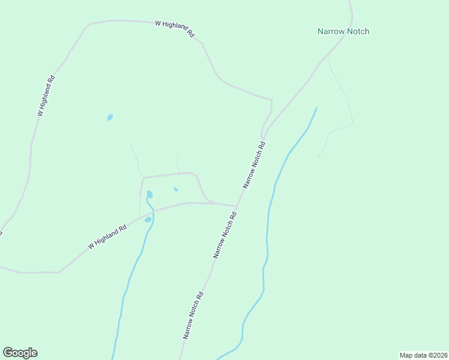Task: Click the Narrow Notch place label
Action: (x=343, y=31)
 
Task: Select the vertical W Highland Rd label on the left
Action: (x=46, y=95)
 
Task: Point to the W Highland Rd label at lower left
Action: (x=107, y=237)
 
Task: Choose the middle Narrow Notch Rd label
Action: (x=226, y=235)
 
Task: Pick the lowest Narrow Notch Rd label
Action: (x=194, y=316)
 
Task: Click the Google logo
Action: (x=20, y=353)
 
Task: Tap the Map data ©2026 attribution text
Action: (x=423, y=355)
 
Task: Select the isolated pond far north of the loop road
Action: (x=110, y=117)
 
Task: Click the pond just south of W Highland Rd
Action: (x=148, y=220)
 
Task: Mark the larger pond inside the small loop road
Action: (x=149, y=194)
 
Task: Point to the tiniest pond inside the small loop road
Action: (x=175, y=190)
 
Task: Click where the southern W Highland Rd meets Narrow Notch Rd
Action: (x=237, y=206)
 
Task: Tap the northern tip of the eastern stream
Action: (x=316, y=108)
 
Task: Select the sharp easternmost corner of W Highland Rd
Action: (x=271, y=100)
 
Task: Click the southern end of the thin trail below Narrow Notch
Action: (x=318, y=157)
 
